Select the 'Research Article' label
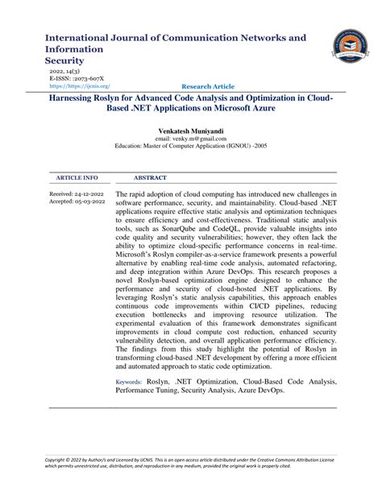coord(208,85)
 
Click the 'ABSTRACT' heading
coord(150,176)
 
